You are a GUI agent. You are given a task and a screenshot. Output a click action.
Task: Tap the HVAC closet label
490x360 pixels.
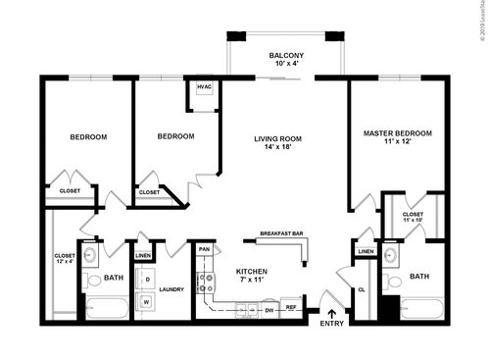coord(204,87)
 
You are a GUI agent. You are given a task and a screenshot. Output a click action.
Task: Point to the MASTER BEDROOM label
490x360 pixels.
coord(397,132)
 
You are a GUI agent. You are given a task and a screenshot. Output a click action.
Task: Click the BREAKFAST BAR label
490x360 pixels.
coord(280,233)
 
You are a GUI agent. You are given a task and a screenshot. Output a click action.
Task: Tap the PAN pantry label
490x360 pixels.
coord(204,250)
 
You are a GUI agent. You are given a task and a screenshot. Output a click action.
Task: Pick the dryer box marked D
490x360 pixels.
coord(148,281)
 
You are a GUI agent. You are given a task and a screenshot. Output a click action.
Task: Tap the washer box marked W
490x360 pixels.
coord(148,302)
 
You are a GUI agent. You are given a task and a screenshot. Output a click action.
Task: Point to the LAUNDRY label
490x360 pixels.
coord(172,289)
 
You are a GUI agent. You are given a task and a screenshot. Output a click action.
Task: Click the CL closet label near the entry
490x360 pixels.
coord(361,289)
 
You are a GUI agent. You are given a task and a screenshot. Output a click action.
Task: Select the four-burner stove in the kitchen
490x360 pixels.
coord(207,283)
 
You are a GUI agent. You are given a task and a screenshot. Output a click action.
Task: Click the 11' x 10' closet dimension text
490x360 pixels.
coord(413,220)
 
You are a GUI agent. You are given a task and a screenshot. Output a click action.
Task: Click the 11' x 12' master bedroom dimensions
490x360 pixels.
coord(397,142)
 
